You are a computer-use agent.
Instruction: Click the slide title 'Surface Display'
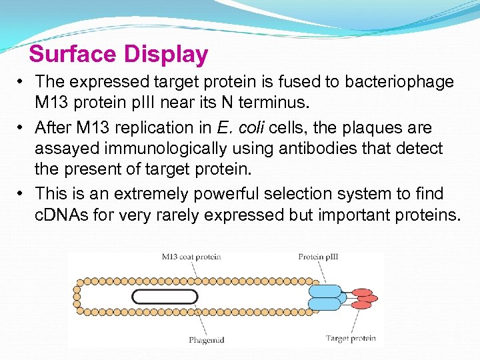point(119,55)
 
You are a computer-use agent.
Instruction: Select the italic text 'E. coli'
point(240,127)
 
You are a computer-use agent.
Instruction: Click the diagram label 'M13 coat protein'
point(191,257)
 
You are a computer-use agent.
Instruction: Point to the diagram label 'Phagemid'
point(206,340)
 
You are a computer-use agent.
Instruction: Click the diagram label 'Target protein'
point(351,339)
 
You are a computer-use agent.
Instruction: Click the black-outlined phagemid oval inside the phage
point(165,297)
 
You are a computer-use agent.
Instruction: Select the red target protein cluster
point(363,298)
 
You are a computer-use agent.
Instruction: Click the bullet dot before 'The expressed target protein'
point(22,83)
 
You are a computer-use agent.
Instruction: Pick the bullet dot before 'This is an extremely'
point(22,194)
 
